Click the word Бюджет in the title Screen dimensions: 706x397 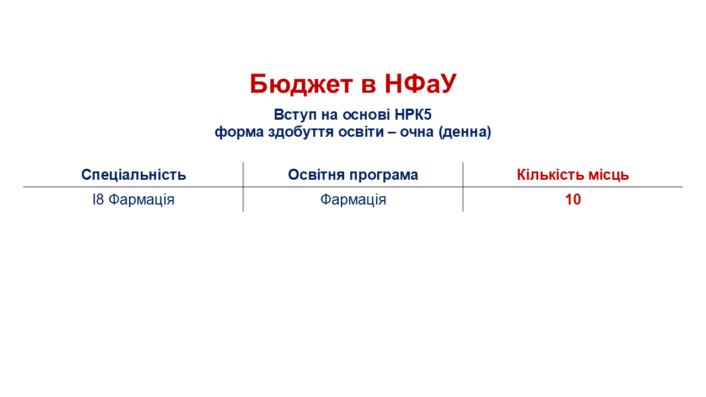point(301,84)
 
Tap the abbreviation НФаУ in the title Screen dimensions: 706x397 point(420,83)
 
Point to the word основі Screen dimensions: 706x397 point(366,114)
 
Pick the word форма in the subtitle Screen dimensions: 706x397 point(239,132)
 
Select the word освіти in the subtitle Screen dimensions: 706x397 point(361,132)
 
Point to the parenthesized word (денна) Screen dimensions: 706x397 point(464,132)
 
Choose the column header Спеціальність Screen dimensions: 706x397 point(133,175)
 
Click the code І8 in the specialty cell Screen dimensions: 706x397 point(98,200)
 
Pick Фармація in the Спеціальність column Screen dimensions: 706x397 point(141,200)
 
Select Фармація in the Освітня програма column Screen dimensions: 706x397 point(353,200)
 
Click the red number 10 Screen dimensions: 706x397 point(573,200)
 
